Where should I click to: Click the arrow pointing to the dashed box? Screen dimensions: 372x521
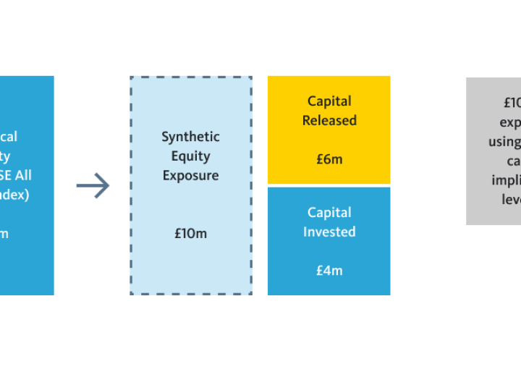pos(93,186)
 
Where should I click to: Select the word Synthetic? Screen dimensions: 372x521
pos(190,137)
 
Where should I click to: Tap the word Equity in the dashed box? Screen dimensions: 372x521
pos(190,156)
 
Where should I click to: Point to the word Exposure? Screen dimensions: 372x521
pos(190,176)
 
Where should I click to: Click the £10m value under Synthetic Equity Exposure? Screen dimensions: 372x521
pos(190,234)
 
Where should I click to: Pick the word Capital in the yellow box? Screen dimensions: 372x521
pos(329,101)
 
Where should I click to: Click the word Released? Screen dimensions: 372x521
pos(329,121)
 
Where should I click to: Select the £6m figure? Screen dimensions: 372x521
pos(329,159)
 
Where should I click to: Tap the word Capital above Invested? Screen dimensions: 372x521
pos(329,213)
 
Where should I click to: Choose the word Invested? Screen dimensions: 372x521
pos(329,232)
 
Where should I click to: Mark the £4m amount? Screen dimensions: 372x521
pos(329,271)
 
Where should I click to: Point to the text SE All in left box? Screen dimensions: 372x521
pos(16,176)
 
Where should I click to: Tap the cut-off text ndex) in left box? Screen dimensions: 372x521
pos(14,195)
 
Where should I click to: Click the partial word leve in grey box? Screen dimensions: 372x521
pos(511,199)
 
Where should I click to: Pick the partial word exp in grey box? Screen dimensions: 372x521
pos(510,122)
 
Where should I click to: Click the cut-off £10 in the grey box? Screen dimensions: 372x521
pos(512,103)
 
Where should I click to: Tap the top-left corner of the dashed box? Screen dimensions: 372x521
pos(131,77)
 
